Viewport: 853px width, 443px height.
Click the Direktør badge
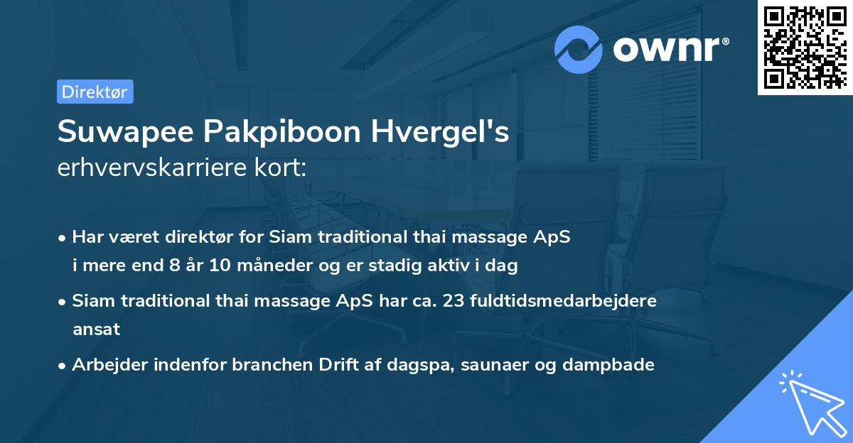[x=95, y=92]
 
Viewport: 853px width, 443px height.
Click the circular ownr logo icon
[x=579, y=50]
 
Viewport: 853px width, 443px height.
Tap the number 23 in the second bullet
[x=454, y=300]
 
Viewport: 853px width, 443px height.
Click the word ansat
[x=96, y=329]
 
